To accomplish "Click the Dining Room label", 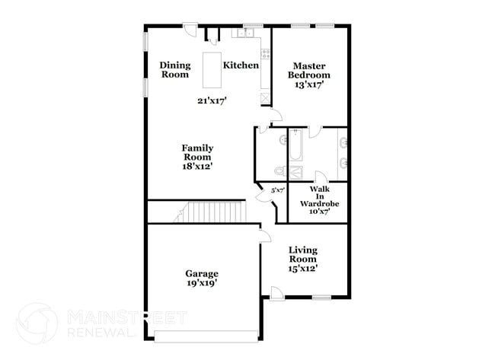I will (174, 70).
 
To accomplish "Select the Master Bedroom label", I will (309, 70).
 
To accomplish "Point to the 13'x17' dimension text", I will (309, 85).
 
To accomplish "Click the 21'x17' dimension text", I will (212, 100).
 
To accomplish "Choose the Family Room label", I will (196, 152).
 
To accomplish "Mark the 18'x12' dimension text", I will (196, 166).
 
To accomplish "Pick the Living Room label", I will (302, 254).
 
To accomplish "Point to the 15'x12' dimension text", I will (302, 268).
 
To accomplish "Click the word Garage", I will (202, 273).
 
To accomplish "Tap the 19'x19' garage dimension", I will (202, 283).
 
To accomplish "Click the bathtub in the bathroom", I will (295, 142).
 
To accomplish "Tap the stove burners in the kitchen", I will (265, 53).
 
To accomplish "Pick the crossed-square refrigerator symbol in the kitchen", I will (264, 97).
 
